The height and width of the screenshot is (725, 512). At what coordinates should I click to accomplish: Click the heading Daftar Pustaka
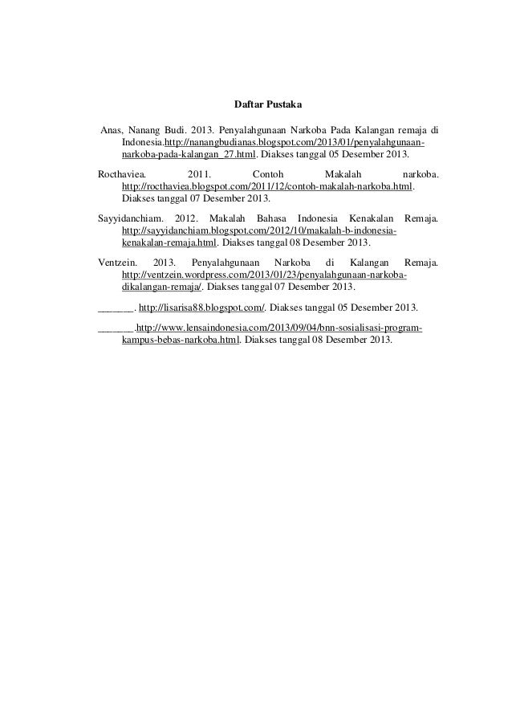tap(256, 104)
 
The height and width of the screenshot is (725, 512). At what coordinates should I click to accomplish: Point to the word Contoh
tap(267, 173)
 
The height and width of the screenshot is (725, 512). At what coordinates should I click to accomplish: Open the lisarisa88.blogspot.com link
tap(202, 308)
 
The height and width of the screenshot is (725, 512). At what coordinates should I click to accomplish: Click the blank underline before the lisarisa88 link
tap(115, 308)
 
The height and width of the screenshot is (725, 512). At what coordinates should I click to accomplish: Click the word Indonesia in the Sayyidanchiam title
tap(319, 218)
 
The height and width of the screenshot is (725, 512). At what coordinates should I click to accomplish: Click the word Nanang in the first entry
tap(144, 129)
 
